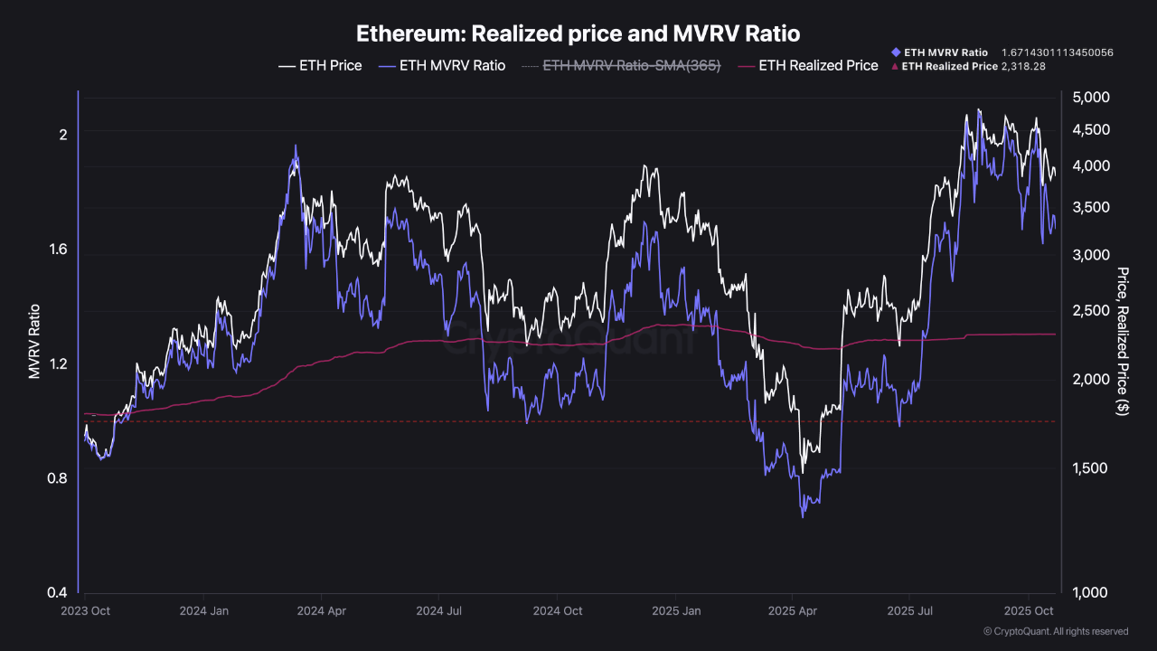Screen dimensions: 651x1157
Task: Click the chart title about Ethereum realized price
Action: click(x=578, y=34)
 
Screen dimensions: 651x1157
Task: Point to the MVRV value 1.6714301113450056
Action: click(x=1057, y=52)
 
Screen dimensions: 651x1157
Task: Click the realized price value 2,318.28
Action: click(x=1023, y=66)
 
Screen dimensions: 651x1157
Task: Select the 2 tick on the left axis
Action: click(x=63, y=135)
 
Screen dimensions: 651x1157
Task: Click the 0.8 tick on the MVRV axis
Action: click(x=57, y=478)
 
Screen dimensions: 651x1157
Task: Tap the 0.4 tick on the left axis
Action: click(x=57, y=593)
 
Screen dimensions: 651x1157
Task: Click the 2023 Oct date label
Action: click(x=86, y=611)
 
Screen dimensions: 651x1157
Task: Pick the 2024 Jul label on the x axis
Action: click(x=439, y=611)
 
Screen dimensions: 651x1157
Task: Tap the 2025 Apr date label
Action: click(x=793, y=611)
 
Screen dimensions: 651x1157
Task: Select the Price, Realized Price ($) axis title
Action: click(x=1124, y=342)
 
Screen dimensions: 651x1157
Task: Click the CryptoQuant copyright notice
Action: click(x=1055, y=631)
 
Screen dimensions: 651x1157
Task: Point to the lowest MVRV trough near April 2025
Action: click(x=803, y=516)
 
